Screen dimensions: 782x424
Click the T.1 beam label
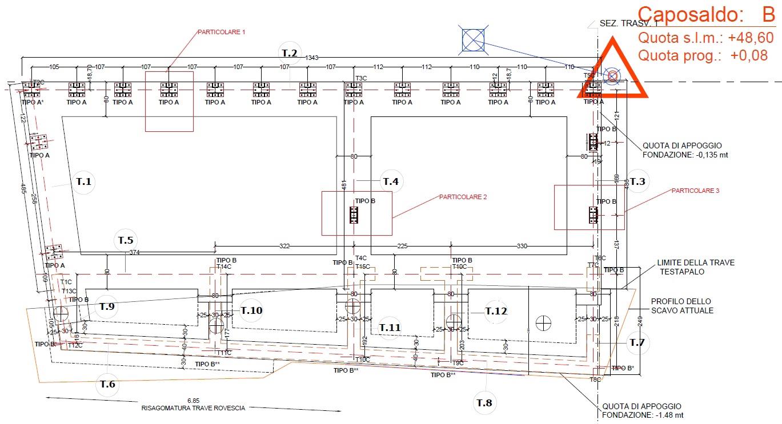click(84, 181)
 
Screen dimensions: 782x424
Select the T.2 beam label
click(290, 53)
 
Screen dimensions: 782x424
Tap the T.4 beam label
click(391, 181)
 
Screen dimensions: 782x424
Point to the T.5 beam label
click(125, 240)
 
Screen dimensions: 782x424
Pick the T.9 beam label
click(107, 306)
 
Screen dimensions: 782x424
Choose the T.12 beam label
click(496, 311)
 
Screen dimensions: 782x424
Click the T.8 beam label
click(484, 403)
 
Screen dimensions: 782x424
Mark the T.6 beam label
click(107, 384)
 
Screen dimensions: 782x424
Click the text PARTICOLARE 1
click(221, 33)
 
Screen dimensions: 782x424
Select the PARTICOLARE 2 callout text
click(463, 197)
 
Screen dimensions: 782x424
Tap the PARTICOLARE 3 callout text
click(695, 191)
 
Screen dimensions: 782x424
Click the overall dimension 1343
click(312, 58)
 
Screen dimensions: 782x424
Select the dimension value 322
click(284, 247)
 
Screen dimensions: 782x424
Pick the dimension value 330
click(522, 247)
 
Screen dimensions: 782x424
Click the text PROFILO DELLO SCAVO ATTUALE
click(682, 306)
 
